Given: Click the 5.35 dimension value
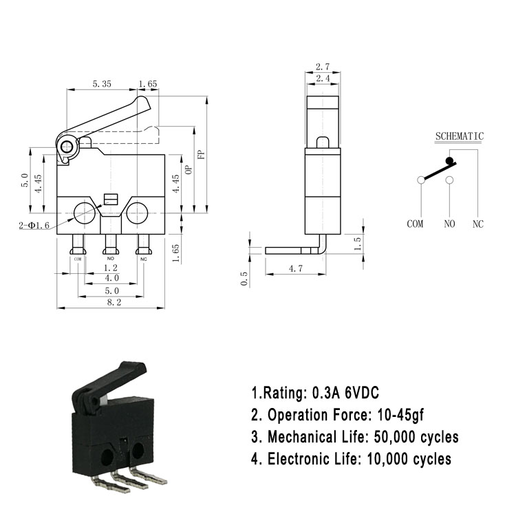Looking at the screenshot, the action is pyautogui.click(x=102, y=84).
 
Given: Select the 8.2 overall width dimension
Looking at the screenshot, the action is pyautogui.click(x=114, y=302).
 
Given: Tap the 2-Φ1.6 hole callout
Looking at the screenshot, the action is pyautogui.click(x=34, y=226).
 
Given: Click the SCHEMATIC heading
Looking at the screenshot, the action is pyautogui.click(x=460, y=136).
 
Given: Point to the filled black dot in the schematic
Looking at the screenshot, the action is pyautogui.click(x=449, y=160).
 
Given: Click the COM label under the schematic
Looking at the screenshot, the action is pyautogui.click(x=415, y=224).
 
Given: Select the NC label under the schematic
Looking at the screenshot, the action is pyautogui.click(x=478, y=224).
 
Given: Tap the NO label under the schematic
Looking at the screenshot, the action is pyautogui.click(x=449, y=224).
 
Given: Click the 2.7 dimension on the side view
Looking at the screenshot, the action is pyautogui.click(x=323, y=67).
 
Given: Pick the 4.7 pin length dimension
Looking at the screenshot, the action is pyautogui.click(x=296, y=268).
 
